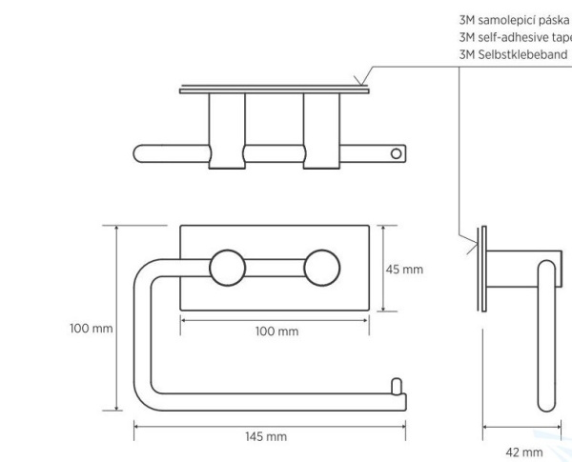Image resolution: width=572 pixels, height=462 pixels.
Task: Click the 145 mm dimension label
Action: coord(266,436)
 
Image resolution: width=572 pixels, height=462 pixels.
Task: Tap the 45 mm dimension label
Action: coord(404,270)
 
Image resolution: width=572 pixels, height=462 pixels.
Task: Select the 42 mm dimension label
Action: coord(524,452)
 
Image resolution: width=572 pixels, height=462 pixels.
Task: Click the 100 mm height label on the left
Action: coord(92,329)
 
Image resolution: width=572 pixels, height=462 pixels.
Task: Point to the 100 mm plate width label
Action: coord(276,331)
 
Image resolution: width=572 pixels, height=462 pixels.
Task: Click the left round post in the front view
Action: coord(228,268)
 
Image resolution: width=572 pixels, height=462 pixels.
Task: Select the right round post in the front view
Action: coord(322,268)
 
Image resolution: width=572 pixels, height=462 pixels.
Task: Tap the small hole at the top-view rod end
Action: coord(396,154)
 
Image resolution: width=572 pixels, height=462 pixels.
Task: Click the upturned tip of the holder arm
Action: coord(397,387)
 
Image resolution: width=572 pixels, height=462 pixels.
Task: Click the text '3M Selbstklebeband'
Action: coord(513,54)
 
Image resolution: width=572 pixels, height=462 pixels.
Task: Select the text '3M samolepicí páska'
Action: coord(514,20)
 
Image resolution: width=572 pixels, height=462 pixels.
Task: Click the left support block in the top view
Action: coord(227,131)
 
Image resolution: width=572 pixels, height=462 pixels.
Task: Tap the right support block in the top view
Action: coord(321,131)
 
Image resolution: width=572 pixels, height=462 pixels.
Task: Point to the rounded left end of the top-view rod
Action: coord(137,153)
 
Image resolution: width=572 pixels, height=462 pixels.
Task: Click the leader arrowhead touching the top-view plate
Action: coord(360,82)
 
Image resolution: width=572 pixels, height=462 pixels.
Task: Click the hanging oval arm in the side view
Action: coord(547,336)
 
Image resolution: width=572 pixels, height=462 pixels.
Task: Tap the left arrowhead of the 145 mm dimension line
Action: coord(137,426)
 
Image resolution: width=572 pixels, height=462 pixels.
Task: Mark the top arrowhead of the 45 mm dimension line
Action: coord(383,229)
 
